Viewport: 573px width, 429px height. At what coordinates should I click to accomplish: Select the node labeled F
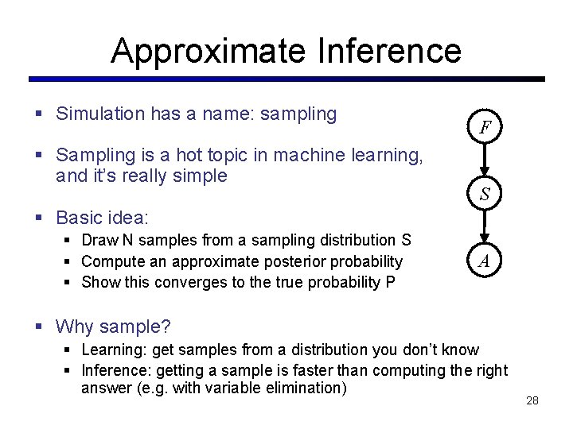[484, 127]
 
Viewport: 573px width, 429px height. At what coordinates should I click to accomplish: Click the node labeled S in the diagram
[484, 194]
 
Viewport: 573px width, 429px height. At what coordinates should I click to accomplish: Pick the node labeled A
[484, 261]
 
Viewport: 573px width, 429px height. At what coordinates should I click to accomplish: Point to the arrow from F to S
[484, 161]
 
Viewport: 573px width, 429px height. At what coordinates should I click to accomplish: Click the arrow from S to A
[484, 228]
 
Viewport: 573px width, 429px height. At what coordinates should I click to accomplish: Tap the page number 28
[532, 400]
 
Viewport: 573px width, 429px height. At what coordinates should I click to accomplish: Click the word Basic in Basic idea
[80, 217]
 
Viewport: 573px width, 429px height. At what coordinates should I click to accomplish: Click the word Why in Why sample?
[75, 326]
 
